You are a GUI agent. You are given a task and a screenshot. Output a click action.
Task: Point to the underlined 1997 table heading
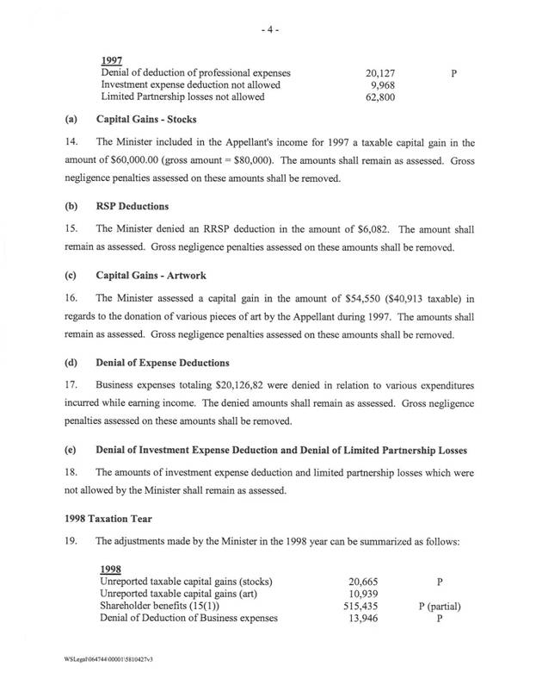112,61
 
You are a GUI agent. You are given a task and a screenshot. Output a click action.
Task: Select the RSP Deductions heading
132,208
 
